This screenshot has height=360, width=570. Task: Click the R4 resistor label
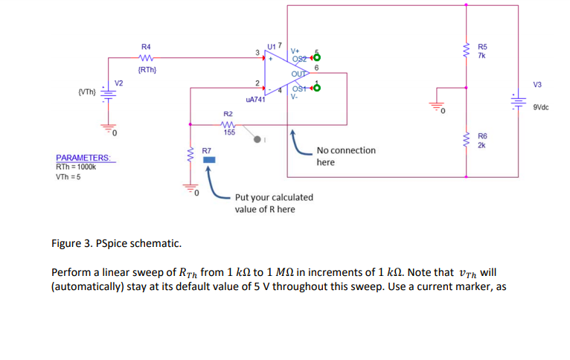pyautogui.click(x=146, y=47)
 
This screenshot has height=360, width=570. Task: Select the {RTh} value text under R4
pyautogui.click(x=147, y=70)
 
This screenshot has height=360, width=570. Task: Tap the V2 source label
pyautogui.click(x=118, y=82)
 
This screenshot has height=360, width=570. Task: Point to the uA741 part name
pyautogui.click(x=255, y=99)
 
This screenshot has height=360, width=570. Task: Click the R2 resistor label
pyautogui.click(x=228, y=113)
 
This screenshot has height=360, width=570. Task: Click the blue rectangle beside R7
pyautogui.click(x=209, y=159)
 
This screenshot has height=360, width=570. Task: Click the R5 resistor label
pyautogui.click(x=482, y=47)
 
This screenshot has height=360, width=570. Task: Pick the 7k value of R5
pyautogui.click(x=481, y=56)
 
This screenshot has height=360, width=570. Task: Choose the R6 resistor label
pyautogui.click(x=482, y=136)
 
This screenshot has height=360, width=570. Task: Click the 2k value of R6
pyautogui.click(x=481, y=145)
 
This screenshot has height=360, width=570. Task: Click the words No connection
pyautogui.click(x=346, y=150)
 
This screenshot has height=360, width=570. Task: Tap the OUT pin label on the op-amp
pyautogui.click(x=298, y=74)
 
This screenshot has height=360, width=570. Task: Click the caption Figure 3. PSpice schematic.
pyautogui.click(x=115, y=243)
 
